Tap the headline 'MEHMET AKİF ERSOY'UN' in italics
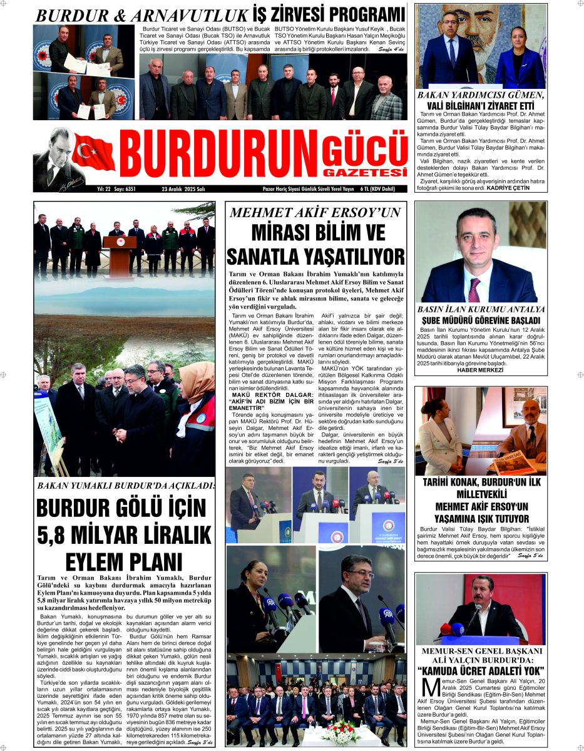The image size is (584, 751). (315, 213)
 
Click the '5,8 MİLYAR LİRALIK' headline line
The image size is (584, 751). (125, 536)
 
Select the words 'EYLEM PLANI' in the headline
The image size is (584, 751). (125, 561)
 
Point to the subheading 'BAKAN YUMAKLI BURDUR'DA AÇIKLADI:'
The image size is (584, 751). (125, 486)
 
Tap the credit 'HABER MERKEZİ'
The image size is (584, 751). (480, 370)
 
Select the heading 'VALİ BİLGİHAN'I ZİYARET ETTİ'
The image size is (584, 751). (481, 106)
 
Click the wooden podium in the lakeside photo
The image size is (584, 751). (119, 255)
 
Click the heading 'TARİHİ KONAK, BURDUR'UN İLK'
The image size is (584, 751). (481, 482)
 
